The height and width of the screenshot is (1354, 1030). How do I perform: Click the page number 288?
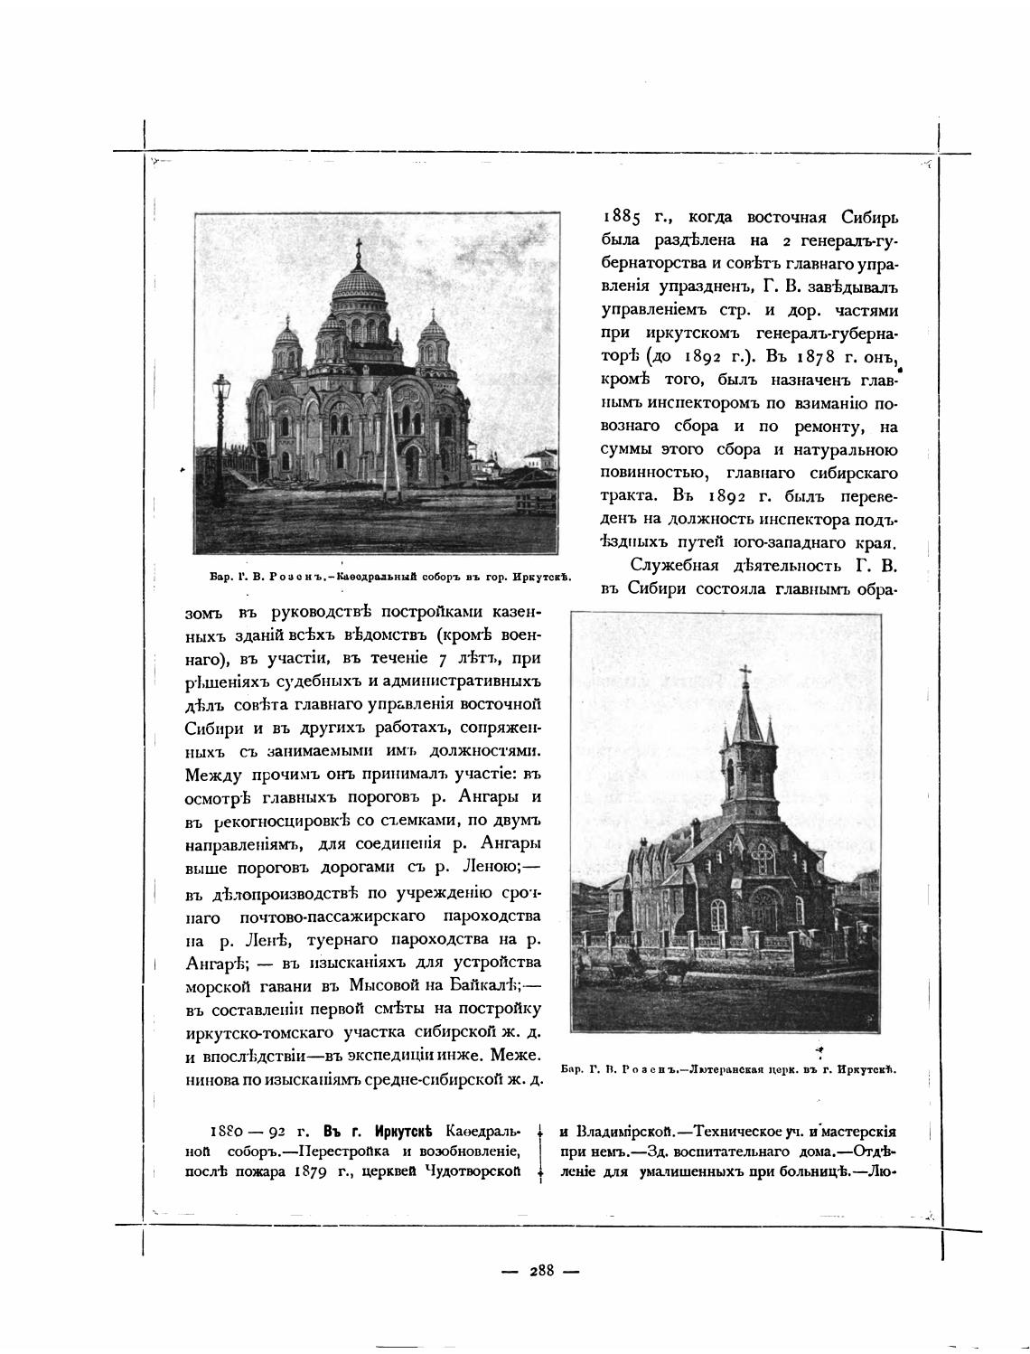pyautogui.click(x=541, y=1270)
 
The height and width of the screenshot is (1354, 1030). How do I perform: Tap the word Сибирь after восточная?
pyautogui.click(x=868, y=217)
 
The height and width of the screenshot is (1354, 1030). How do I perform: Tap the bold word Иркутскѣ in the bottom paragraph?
pyautogui.click(x=398, y=1132)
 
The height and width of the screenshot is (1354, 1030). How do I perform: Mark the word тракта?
pyautogui.click(x=631, y=496)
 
